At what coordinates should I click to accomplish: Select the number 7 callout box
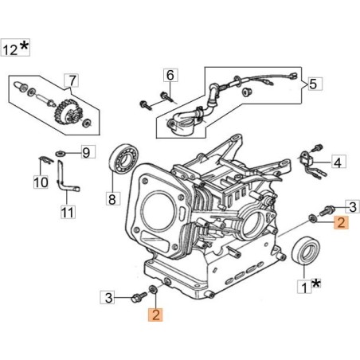(72, 80)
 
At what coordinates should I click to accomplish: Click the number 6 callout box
(170, 76)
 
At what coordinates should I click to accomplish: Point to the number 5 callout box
(313, 83)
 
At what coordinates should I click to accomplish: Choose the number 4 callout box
(338, 163)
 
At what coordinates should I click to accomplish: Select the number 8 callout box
(112, 198)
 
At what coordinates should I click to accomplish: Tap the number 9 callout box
(88, 151)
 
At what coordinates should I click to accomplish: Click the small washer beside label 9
(61, 152)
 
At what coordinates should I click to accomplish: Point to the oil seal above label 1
(304, 251)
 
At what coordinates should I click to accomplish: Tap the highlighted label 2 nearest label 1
(339, 224)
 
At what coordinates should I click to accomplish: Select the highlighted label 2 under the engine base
(156, 314)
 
